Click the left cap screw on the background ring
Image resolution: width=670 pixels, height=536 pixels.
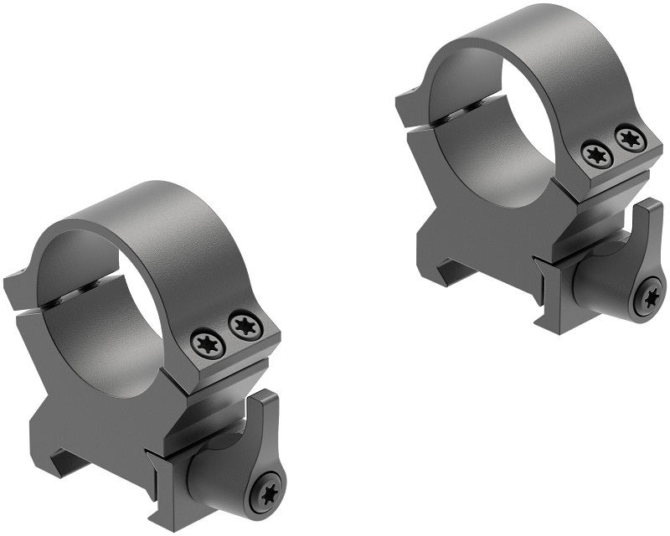tap(597, 153)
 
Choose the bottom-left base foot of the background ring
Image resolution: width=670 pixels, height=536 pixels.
tap(440, 268)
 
